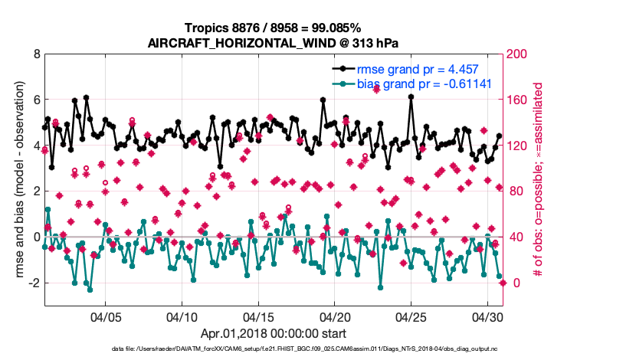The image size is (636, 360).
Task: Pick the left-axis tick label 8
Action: [x=36, y=54]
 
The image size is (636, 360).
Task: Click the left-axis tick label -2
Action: [x=33, y=283]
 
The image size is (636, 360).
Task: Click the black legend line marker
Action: [x=342, y=70]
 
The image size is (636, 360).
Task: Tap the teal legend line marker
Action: [x=342, y=83]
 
